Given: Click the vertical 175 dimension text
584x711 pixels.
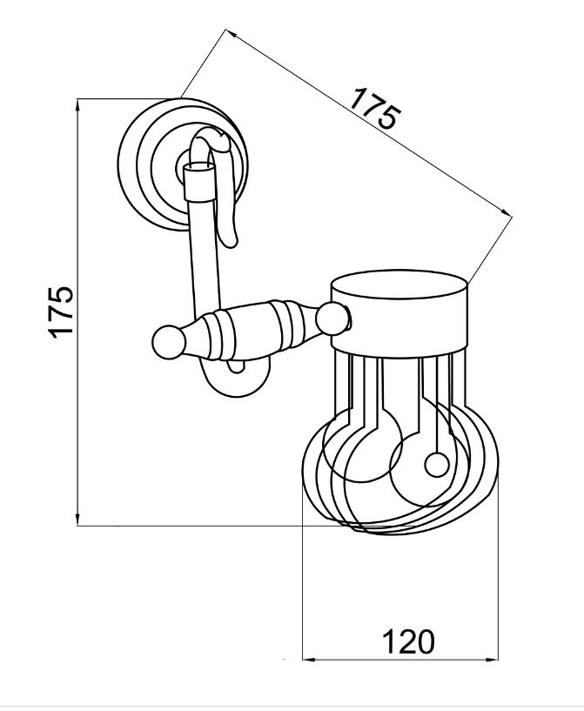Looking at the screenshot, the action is click(60, 311).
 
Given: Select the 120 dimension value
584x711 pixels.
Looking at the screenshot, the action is click(408, 641).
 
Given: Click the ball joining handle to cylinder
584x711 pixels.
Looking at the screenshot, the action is click(332, 319).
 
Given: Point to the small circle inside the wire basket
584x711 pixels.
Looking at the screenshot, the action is click(437, 466).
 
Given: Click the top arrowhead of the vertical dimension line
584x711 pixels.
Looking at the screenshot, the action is click(78, 104).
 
